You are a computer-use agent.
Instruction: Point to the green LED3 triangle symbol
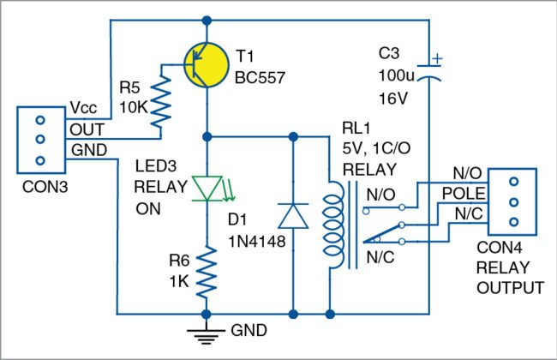207,186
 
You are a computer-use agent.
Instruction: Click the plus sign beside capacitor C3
438,59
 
